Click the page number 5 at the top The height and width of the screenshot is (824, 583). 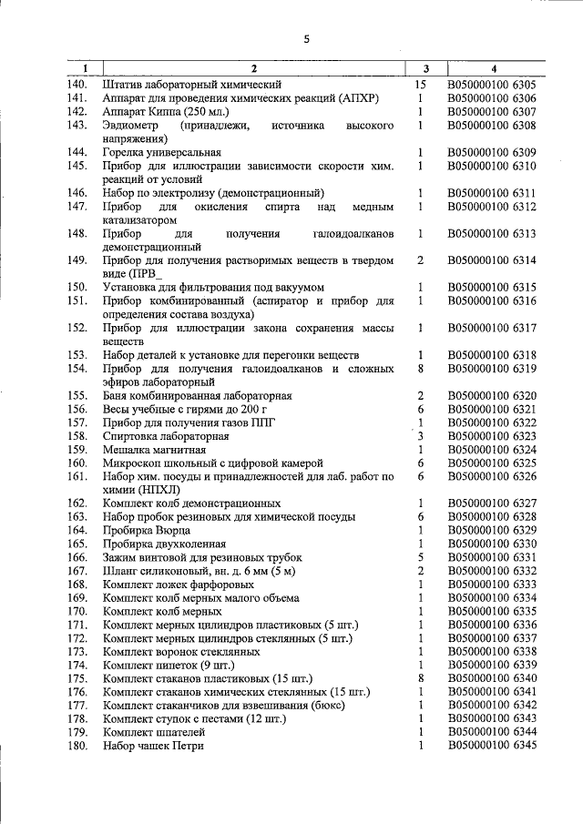306,38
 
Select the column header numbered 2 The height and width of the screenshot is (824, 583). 254,69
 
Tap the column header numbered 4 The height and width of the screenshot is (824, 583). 494,69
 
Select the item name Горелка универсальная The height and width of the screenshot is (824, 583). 162,152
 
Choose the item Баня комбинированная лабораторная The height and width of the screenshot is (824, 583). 198,396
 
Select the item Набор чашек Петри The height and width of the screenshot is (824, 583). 154,746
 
